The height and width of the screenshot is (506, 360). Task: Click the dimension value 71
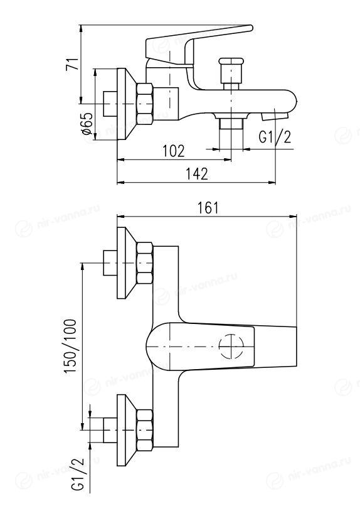point(72,64)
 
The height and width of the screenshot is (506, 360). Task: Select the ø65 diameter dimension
point(87,123)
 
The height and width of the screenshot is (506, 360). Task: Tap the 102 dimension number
point(173,151)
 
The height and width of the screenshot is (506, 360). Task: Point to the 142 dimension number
point(196,174)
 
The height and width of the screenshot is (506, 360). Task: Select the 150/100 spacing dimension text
point(70,347)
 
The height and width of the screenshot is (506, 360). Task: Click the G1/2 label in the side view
point(275,137)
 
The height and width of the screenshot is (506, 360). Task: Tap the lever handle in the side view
point(193,48)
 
